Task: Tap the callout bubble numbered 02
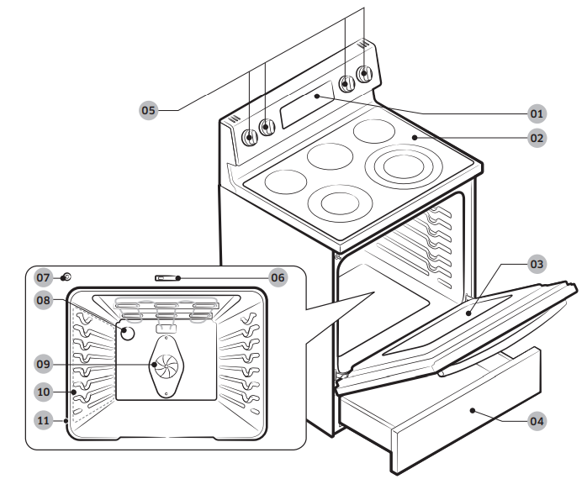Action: [x=537, y=137]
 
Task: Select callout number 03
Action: [x=537, y=264]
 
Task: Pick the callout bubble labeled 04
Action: [x=537, y=419]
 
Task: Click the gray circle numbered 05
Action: [x=149, y=110]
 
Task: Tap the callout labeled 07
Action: [x=44, y=276]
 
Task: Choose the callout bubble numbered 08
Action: [x=44, y=300]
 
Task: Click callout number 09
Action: [x=44, y=364]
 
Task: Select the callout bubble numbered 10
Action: [x=44, y=392]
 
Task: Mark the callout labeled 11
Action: [x=44, y=418]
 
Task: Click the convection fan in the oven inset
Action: [x=165, y=364]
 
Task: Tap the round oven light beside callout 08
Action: [x=127, y=333]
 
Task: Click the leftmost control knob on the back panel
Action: [x=250, y=137]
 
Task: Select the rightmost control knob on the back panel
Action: [x=364, y=74]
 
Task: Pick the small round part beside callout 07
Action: [x=66, y=276]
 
